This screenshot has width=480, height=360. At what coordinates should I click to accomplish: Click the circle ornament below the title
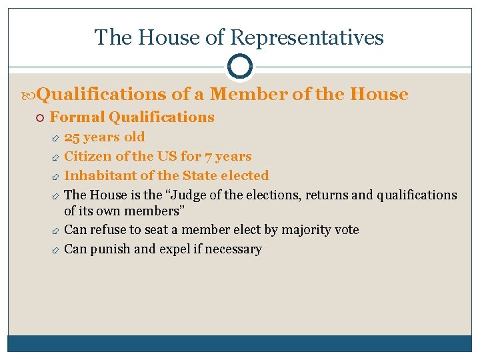(x=240, y=67)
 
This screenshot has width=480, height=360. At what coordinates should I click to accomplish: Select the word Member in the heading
(x=253, y=94)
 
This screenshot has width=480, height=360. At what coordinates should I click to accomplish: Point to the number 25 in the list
(x=71, y=137)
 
